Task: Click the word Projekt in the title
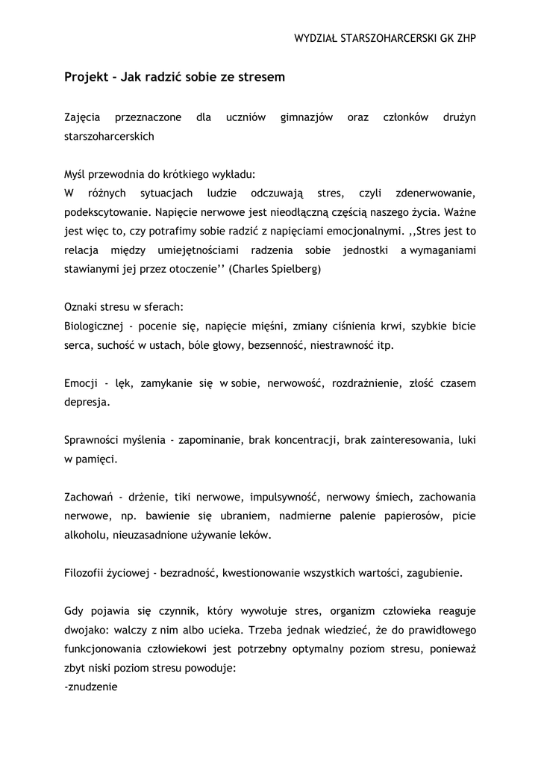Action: [x=85, y=77]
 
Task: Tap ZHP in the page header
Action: [x=465, y=37]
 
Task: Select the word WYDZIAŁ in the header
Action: [x=318, y=37]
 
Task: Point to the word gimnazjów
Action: [x=306, y=118]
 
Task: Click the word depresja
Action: [x=87, y=403]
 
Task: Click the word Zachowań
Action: [x=88, y=497]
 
